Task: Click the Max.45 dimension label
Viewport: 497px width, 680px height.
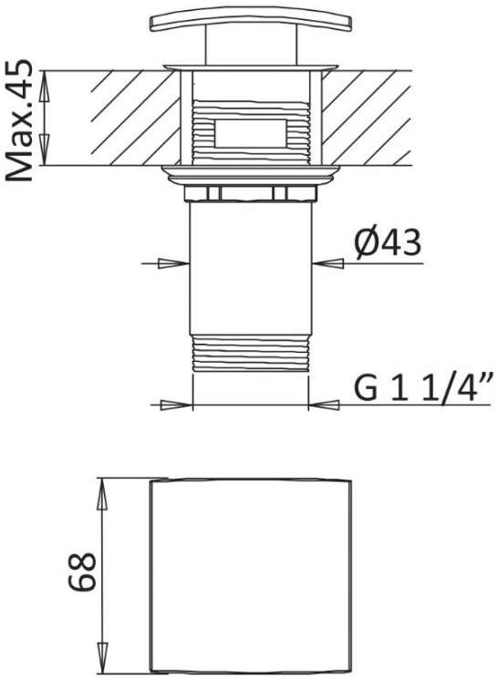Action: pyautogui.click(x=19, y=120)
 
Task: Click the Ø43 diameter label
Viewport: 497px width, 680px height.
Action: pyautogui.click(x=388, y=243)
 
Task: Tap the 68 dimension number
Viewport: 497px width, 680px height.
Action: pyautogui.click(x=82, y=572)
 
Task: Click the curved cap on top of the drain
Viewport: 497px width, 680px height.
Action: pyautogui.click(x=251, y=18)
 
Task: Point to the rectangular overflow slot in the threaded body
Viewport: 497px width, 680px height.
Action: pyautogui.click(x=251, y=133)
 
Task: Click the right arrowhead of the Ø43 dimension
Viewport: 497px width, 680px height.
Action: pyautogui.click(x=328, y=263)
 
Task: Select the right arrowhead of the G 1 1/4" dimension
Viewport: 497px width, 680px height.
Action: pyautogui.click(x=324, y=405)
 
